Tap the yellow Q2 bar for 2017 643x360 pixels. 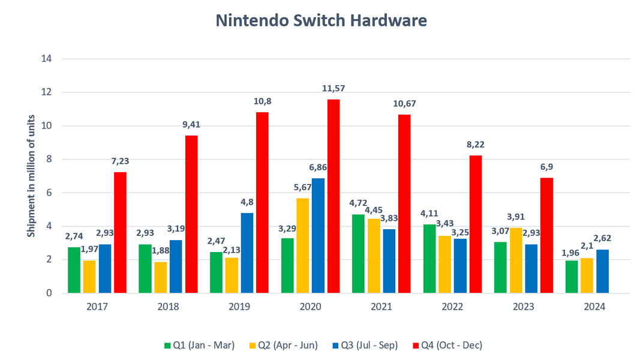[x=89, y=277]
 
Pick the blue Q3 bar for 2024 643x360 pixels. [x=603, y=271]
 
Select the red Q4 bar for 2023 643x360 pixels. [x=547, y=235]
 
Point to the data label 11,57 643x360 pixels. [x=333, y=88]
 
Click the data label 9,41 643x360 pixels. [x=191, y=125]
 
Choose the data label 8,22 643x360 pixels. [x=476, y=145]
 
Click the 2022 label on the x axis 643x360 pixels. [x=452, y=307]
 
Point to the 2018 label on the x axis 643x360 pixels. [x=167, y=307]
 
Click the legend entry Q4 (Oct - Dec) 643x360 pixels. [x=449, y=345]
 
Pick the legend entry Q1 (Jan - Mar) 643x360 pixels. [x=203, y=345]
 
